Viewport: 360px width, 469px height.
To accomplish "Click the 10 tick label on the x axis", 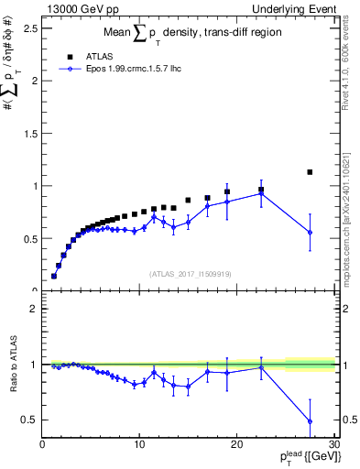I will coord(139,445).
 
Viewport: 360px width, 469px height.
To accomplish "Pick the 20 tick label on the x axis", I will coord(236,445).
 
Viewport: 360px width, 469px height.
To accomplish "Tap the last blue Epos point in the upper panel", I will coord(310,232).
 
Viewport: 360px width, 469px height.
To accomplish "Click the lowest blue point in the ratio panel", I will coord(310,421).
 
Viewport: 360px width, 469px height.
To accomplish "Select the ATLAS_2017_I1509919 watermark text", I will coord(189,273).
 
